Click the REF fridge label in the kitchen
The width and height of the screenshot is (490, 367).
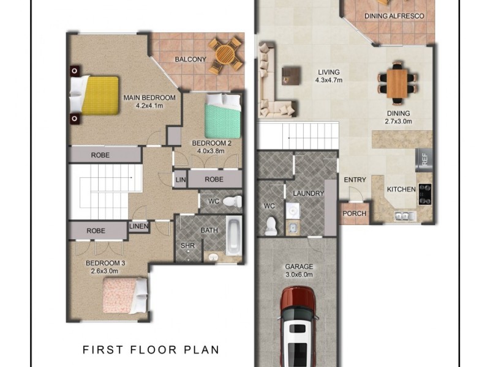click(424, 160)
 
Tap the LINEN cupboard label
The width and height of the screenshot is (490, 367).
click(138, 227)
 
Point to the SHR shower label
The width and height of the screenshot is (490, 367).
click(187, 247)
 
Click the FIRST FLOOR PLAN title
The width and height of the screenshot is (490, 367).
click(151, 350)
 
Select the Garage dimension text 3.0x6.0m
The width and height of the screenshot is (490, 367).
click(299, 275)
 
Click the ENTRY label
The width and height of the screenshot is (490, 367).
click(355, 180)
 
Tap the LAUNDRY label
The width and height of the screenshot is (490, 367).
click(308, 193)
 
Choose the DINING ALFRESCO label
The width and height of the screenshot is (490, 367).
click(399, 16)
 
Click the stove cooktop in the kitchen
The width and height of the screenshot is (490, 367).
click(424, 194)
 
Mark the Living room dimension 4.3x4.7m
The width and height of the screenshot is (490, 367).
click(328, 80)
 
